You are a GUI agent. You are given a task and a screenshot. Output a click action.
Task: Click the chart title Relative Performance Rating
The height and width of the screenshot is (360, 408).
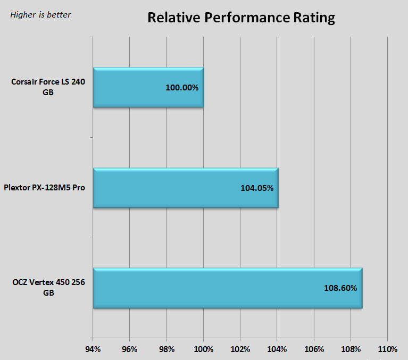241,18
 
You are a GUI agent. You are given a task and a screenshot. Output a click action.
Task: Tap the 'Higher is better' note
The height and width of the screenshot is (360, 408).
40,14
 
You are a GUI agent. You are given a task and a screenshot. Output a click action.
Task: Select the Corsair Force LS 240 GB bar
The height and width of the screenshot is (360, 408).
148,87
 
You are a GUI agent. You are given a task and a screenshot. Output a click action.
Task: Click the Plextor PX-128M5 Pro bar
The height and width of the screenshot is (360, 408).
185,188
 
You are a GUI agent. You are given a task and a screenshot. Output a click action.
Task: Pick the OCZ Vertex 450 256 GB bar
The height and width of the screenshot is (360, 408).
227,288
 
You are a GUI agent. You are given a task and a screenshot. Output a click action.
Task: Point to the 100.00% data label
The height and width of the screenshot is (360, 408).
182,87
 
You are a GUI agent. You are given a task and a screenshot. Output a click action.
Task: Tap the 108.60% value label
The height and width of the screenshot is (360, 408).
340,288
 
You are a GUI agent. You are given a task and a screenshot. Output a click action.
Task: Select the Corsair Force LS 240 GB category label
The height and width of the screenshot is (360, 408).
48,87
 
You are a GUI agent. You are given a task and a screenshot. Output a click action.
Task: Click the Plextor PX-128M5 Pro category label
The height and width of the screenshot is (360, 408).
44,188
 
